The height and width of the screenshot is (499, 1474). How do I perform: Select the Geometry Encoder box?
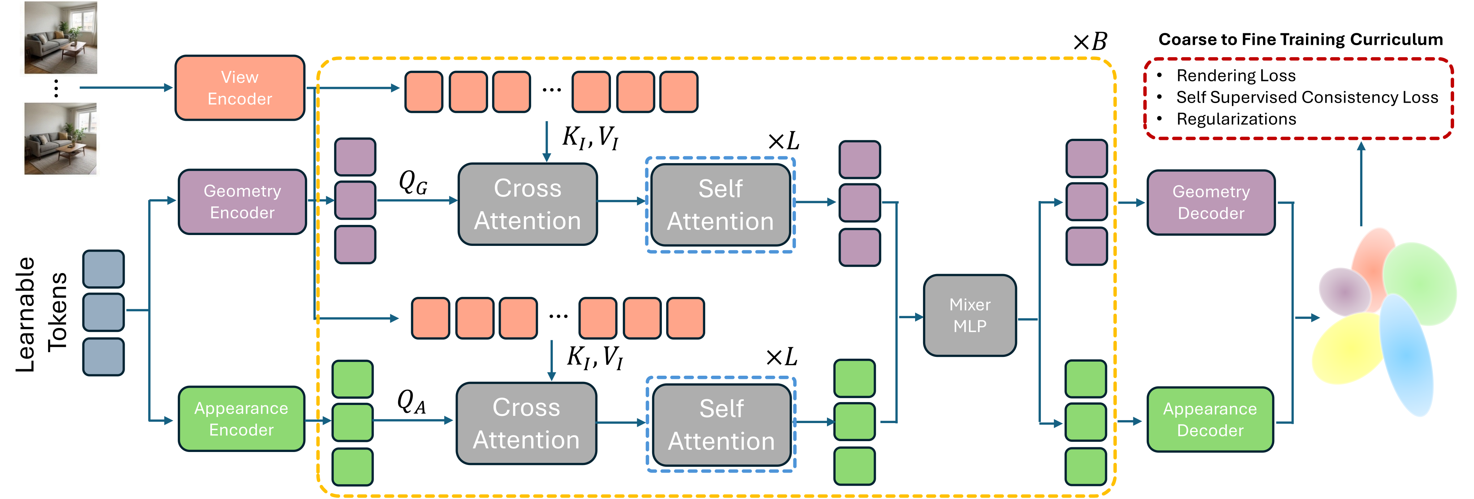242,202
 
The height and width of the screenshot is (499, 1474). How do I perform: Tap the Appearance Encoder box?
241,419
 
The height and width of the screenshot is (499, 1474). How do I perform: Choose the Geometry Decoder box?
1211,202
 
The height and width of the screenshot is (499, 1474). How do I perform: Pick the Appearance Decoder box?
1210,419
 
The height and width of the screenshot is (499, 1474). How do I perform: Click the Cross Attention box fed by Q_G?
527,205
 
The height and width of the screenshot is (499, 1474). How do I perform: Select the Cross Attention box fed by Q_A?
526,423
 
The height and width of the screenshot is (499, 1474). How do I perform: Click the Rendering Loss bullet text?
1236,76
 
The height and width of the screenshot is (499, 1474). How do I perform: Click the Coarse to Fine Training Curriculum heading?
1300,39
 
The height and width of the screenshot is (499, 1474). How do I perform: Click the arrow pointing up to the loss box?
1361,183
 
